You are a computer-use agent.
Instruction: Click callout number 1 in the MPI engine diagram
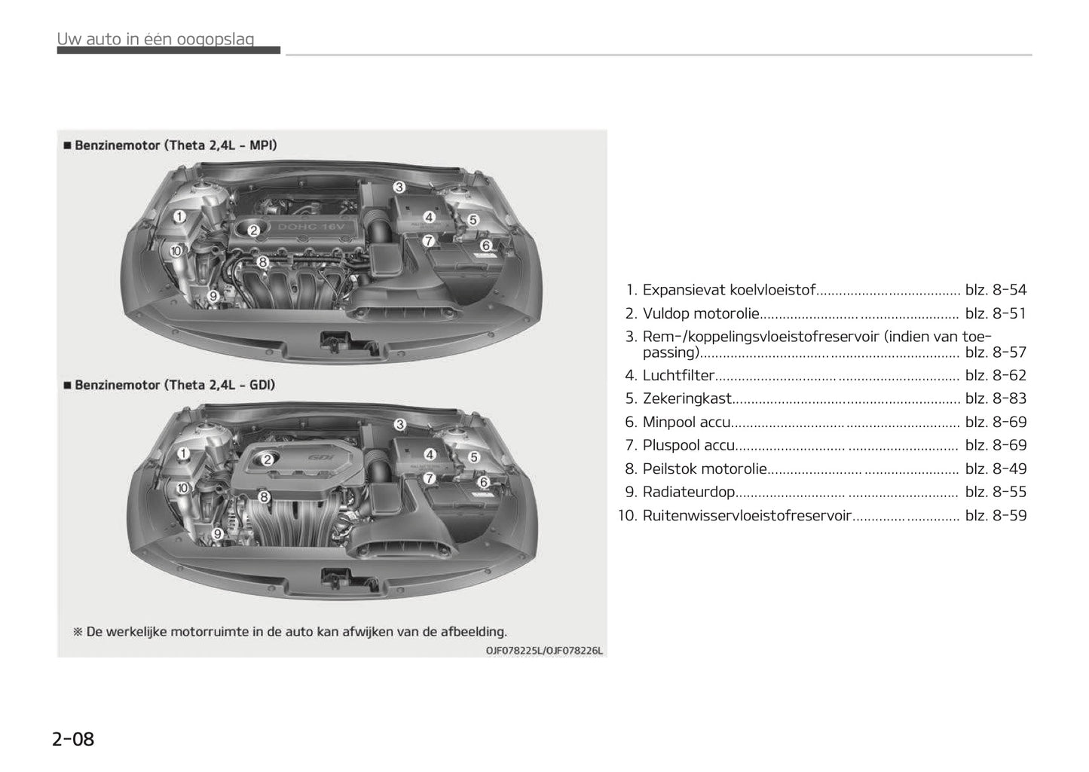tap(179, 217)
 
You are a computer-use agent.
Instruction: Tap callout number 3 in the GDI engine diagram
tap(400, 425)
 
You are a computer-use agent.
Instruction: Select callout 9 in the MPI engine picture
tap(213, 297)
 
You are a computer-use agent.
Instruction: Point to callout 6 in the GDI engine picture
tap(484, 482)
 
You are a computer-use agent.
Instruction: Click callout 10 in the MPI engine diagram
tap(176, 251)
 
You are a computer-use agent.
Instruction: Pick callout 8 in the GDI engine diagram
tap(264, 497)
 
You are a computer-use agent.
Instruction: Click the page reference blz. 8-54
tap(996, 290)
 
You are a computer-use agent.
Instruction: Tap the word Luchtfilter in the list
tap(678, 375)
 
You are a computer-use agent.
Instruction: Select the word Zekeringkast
tap(687, 398)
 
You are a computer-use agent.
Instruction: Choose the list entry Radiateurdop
tap(688, 492)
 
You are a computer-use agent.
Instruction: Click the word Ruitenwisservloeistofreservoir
tap(747, 516)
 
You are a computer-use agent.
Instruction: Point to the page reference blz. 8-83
tap(996, 398)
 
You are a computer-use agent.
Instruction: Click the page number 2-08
tap(73, 739)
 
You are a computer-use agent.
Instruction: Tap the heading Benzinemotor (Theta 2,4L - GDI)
tap(175, 385)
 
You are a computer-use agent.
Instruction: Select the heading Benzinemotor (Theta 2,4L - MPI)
tap(176, 145)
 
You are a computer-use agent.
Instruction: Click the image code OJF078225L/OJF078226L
tap(544, 651)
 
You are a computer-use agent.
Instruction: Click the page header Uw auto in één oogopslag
tap(156, 39)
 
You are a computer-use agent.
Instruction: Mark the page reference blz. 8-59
tap(996, 516)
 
